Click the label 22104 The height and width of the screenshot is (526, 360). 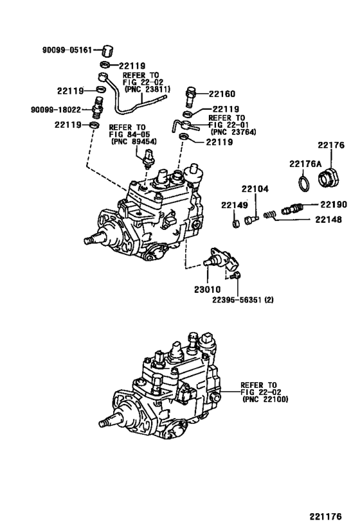255,189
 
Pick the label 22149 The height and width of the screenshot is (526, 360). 235,205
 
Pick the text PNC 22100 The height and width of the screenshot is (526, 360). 265,399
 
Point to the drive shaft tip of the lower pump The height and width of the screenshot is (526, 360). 104,425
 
